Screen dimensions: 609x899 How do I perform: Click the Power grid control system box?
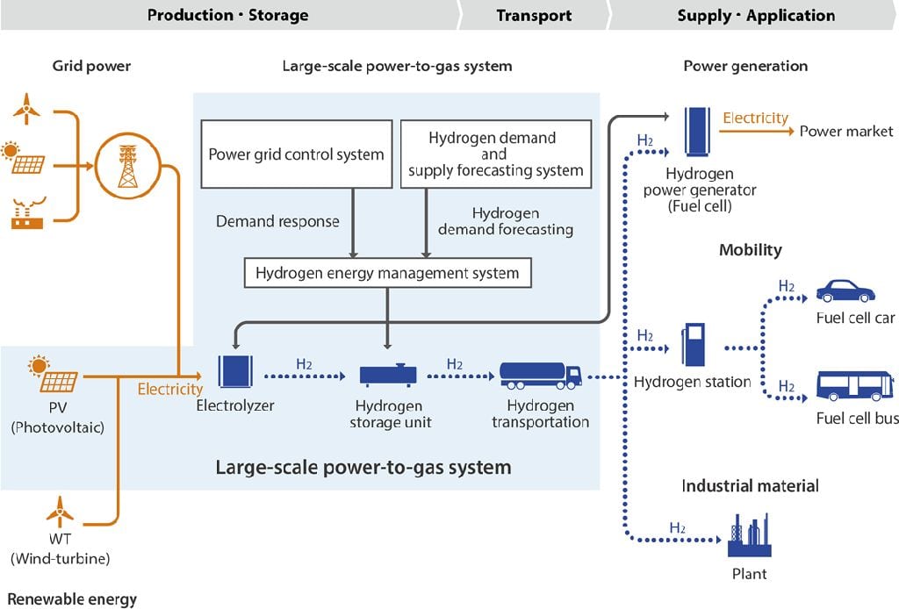tap(296, 154)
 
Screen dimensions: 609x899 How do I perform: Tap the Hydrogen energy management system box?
tap(387, 273)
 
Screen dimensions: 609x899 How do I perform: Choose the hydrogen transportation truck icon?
tap(540, 375)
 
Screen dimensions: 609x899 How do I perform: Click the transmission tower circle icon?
tap(128, 164)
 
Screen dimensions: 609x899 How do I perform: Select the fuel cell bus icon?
tap(854, 386)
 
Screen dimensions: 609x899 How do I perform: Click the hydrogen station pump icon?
tap(693, 346)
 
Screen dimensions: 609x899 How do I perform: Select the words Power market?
tap(845, 132)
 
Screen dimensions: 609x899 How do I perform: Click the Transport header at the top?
tap(534, 16)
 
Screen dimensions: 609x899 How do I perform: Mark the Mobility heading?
tap(750, 250)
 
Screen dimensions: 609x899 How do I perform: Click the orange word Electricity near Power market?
tap(755, 118)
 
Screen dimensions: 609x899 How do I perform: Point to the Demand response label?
tap(277, 221)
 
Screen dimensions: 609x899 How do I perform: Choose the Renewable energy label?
tap(72, 599)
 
